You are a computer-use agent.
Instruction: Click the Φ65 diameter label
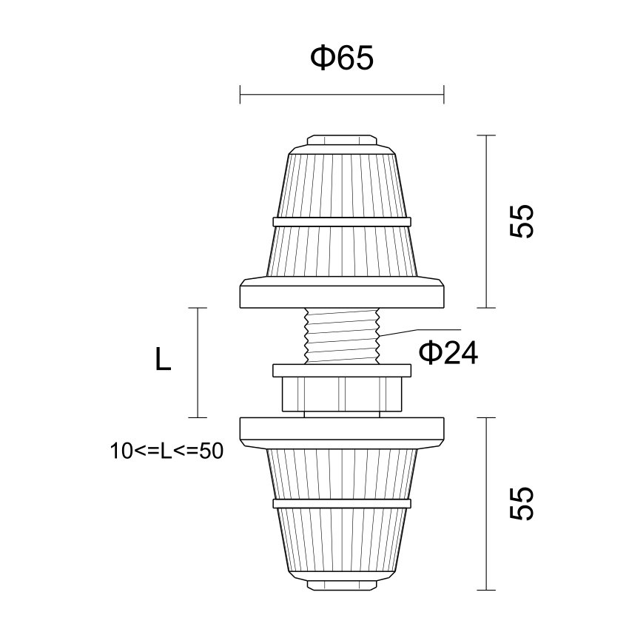coord(342,58)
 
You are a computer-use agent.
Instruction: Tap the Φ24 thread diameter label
coord(448,352)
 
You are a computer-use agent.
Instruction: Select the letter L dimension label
coord(163,359)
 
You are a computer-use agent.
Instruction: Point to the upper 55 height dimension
coord(522,221)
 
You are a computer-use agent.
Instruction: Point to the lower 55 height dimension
coord(522,504)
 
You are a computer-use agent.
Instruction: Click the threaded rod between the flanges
coord(342,336)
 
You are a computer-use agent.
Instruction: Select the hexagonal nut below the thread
coord(342,394)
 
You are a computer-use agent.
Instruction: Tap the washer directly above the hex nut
coord(342,371)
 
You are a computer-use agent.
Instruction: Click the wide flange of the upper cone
coord(342,292)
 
